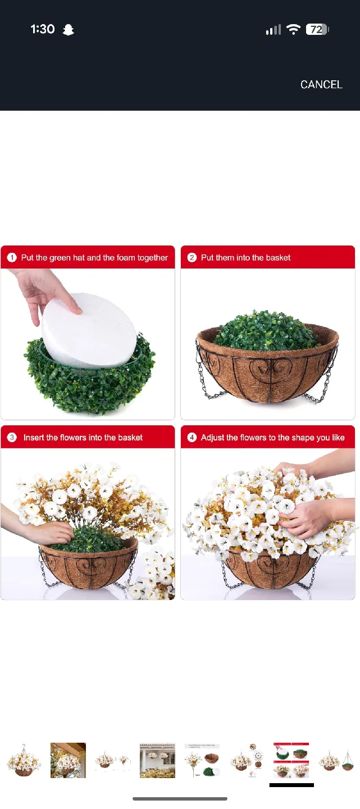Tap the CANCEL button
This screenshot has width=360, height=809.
point(321,84)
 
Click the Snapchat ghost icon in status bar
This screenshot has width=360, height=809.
point(69,30)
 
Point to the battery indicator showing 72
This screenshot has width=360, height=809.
point(317,30)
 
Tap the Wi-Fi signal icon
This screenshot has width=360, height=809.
point(293,30)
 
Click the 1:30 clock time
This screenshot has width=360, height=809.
point(43,29)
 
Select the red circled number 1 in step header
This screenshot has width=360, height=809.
point(12,258)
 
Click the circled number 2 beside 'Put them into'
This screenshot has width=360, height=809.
point(192,258)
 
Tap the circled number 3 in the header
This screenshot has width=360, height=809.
point(12,438)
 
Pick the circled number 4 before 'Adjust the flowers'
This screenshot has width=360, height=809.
point(192,438)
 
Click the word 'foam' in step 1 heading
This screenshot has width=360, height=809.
point(126,258)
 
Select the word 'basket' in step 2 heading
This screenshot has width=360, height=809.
point(277,258)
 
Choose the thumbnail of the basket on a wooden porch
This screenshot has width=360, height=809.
point(68,760)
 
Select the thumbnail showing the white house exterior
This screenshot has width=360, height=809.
point(157,760)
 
